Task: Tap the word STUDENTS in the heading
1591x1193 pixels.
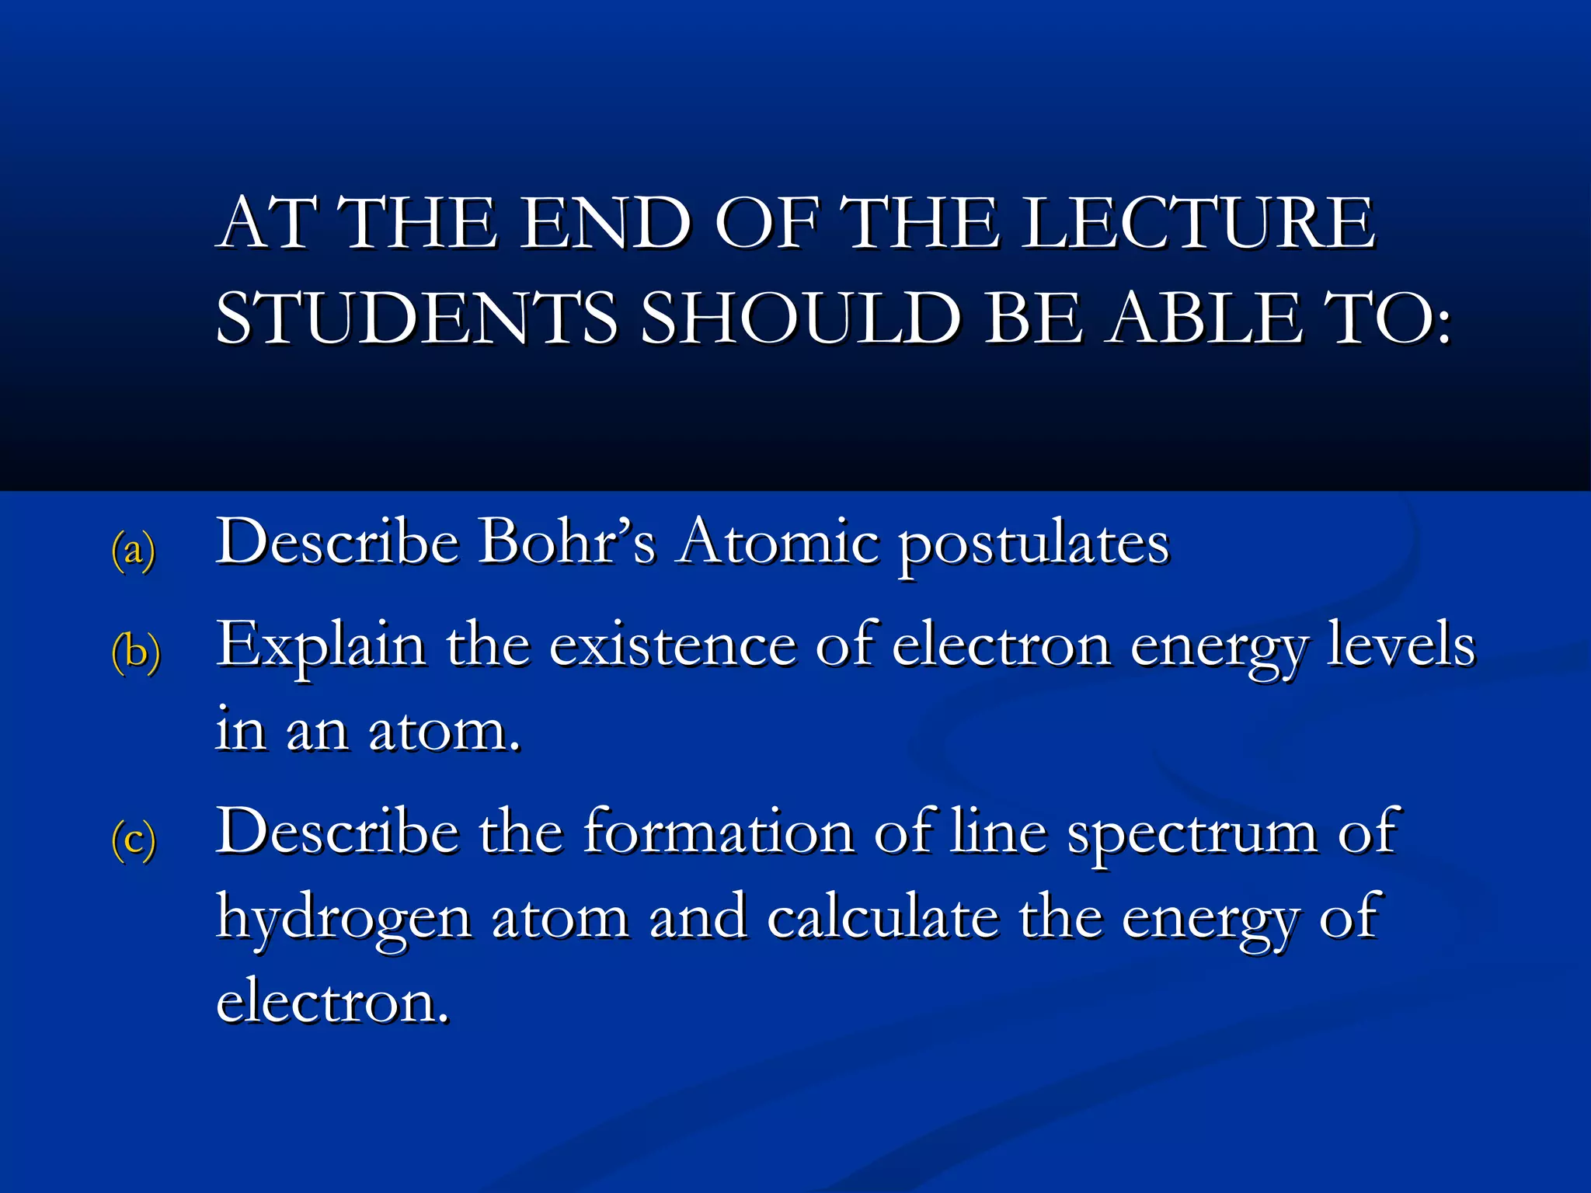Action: pos(416,318)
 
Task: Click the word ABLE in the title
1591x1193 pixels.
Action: pos(1205,318)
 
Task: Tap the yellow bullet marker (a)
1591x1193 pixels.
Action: pos(134,550)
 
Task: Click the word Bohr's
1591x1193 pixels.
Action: pos(566,541)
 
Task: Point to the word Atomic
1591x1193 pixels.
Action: pos(778,541)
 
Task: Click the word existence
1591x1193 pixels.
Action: pos(673,645)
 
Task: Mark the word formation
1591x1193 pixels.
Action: pos(719,832)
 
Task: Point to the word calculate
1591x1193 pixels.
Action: pos(883,917)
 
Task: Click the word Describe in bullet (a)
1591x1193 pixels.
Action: pos(337,541)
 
